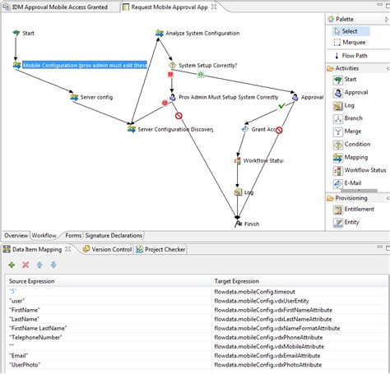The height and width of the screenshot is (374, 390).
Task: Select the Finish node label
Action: click(251, 224)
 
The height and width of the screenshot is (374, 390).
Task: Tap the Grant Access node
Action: click(267, 129)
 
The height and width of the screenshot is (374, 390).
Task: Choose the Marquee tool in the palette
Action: click(354, 43)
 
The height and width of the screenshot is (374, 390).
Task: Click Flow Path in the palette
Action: click(355, 55)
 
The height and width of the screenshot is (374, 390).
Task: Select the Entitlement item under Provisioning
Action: click(359, 210)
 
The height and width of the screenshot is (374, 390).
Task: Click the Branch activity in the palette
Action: click(355, 118)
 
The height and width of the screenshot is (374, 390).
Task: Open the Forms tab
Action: click(72, 236)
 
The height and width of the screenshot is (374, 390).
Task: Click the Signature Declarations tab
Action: click(114, 236)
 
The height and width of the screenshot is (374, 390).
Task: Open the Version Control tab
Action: click(111, 249)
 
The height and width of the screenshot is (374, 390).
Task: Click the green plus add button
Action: click(12, 265)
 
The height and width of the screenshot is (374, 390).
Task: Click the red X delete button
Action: click(26, 265)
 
